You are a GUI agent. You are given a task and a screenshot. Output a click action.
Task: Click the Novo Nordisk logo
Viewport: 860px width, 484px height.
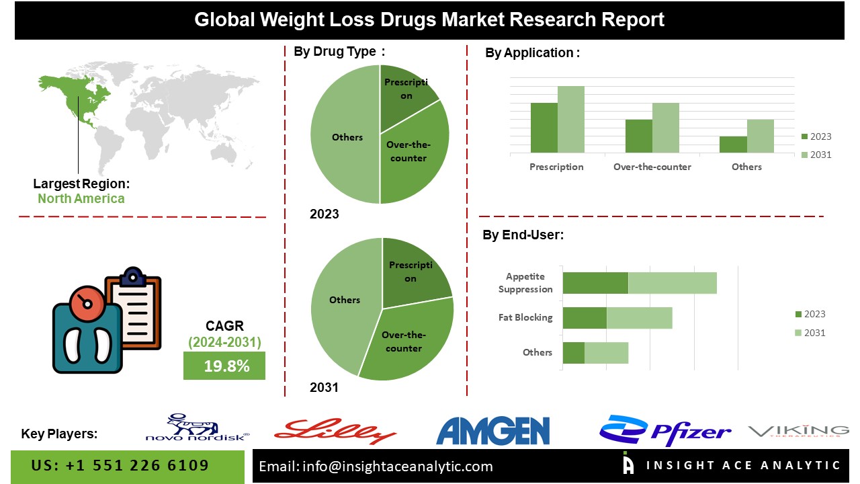198,428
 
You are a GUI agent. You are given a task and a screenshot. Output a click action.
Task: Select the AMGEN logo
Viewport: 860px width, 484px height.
492,430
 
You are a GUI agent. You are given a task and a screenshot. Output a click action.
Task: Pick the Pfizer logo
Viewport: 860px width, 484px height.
664,431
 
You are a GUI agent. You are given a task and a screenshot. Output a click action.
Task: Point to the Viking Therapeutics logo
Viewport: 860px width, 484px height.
799,431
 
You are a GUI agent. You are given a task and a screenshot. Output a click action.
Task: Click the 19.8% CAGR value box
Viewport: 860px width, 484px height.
224,366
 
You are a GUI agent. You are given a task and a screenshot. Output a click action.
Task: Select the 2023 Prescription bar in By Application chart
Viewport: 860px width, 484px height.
544,127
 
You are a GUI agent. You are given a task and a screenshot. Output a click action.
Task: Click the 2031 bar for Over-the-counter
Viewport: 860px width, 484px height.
666,127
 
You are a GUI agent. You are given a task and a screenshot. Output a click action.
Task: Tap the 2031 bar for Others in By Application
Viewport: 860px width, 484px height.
761,136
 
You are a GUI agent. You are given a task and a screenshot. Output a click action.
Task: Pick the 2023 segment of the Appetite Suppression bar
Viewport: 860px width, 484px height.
595,283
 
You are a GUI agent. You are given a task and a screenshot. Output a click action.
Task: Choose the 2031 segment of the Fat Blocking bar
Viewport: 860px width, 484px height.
639,318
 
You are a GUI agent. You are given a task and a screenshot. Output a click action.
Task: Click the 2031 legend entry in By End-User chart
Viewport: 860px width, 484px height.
810,333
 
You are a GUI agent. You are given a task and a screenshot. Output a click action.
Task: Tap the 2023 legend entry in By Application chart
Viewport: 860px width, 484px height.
816,136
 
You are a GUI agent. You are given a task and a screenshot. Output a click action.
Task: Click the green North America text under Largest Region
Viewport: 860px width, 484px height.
81,198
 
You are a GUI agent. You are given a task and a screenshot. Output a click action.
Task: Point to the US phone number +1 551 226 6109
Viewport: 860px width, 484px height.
120,466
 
